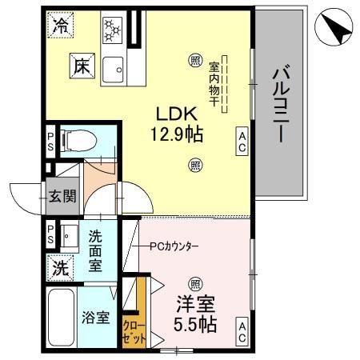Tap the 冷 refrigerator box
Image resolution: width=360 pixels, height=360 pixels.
[x=60, y=26]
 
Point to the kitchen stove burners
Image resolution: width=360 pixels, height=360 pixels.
[x=111, y=30]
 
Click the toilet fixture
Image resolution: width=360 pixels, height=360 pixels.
[x=78, y=141]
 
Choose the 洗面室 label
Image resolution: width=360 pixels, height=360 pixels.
[x=94, y=250]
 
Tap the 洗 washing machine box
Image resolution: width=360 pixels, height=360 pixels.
[x=61, y=267]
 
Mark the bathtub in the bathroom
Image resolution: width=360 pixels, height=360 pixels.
[x=62, y=318]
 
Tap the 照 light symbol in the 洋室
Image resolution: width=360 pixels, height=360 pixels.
[x=194, y=283]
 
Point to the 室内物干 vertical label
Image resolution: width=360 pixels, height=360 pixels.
[x=215, y=80]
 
